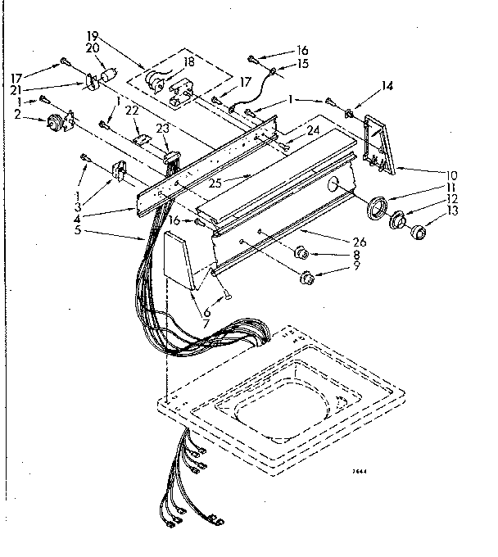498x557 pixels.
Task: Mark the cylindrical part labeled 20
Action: [x=108, y=75]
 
